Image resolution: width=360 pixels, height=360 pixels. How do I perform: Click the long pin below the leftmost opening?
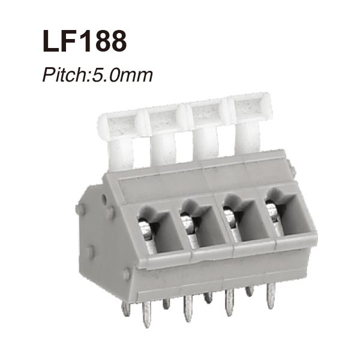click(x=146, y=314)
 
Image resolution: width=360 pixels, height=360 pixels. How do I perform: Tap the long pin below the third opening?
click(x=229, y=304)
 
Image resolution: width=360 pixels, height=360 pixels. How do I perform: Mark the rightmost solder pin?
click(x=271, y=295)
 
